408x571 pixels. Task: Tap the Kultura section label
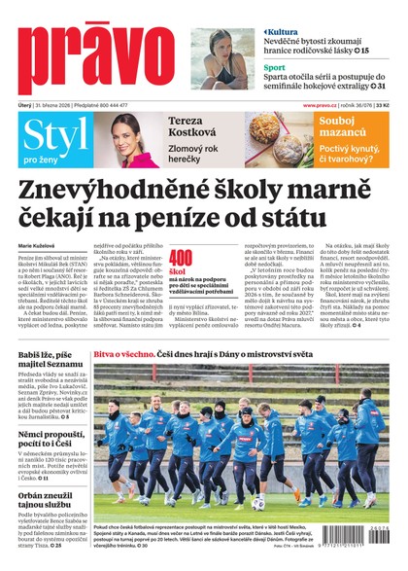click(x=288, y=32)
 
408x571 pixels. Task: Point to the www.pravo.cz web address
click(x=321, y=105)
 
